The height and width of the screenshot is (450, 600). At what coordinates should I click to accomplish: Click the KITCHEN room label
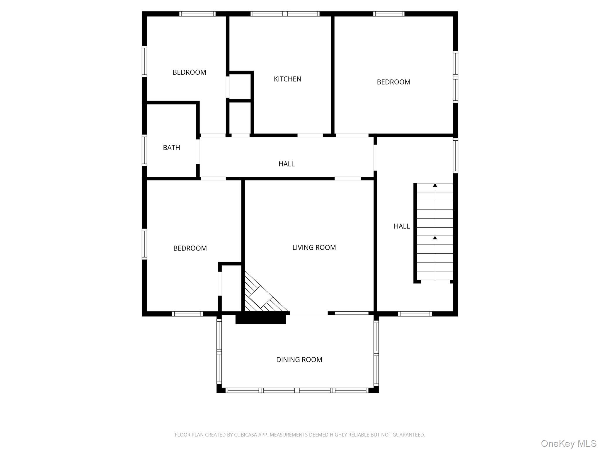tap(287, 79)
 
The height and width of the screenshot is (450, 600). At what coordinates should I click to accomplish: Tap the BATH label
tap(171, 148)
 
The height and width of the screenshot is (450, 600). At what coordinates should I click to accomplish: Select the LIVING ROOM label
tap(314, 248)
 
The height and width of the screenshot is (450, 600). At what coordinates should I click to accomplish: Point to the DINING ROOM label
tap(299, 360)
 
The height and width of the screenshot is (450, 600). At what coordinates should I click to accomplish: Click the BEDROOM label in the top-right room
tap(393, 82)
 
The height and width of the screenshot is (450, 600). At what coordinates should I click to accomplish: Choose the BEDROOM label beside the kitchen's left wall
tap(189, 72)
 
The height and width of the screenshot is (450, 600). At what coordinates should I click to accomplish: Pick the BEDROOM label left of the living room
tap(190, 248)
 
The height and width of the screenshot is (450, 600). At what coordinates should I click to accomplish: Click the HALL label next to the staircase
tap(402, 226)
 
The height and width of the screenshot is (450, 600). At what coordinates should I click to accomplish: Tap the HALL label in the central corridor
tap(287, 164)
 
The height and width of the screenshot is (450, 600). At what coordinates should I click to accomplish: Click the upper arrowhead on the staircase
tap(435, 185)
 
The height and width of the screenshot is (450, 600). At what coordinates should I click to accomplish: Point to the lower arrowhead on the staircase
tap(435, 238)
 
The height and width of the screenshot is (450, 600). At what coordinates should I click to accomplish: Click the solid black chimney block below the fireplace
tap(260, 319)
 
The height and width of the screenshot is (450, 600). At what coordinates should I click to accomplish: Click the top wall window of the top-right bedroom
tap(389, 14)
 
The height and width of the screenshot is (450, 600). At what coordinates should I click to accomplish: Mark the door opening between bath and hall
tap(198, 151)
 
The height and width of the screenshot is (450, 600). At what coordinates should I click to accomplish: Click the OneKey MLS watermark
tap(568, 443)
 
